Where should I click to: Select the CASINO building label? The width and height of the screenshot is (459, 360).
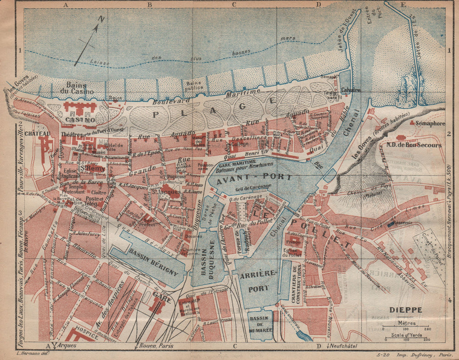click(80, 120)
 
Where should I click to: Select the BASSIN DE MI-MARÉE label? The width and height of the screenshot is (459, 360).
click(260, 321)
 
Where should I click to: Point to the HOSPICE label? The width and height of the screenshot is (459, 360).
click(85, 336)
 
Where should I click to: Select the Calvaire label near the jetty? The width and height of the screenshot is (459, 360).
click(351, 90)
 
